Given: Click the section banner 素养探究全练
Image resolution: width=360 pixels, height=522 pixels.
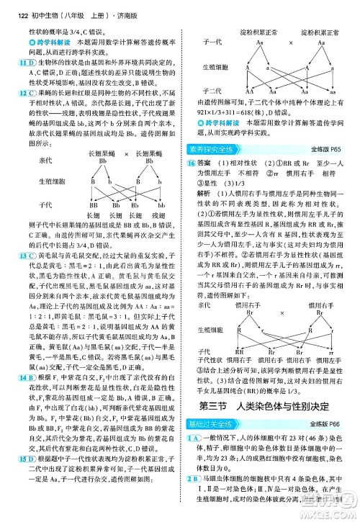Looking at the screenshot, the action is pyautogui.click(x=213, y=149).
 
